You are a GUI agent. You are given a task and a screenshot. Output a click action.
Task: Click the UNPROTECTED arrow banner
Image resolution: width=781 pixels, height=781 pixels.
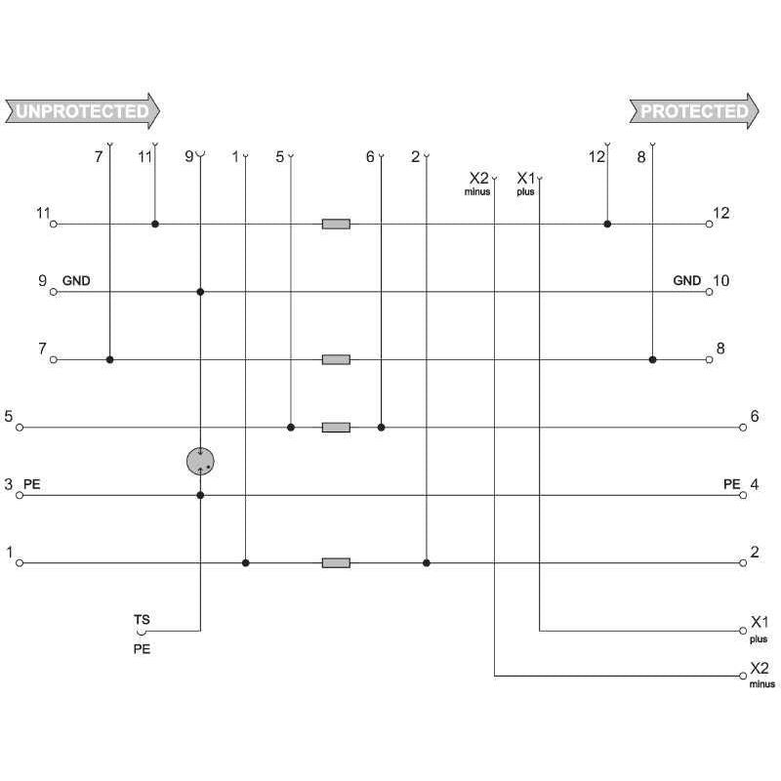(82, 111)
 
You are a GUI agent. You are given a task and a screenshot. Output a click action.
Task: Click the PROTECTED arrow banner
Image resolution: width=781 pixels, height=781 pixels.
(694, 111)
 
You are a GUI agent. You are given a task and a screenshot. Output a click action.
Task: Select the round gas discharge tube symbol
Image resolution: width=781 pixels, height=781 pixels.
(200, 461)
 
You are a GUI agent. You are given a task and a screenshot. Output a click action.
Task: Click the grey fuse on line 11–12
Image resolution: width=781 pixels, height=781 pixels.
(336, 225)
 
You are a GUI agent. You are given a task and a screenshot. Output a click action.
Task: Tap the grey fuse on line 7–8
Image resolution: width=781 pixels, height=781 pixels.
(336, 359)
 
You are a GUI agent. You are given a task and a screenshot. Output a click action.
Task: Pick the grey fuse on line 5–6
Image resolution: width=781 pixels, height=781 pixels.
(336, 428)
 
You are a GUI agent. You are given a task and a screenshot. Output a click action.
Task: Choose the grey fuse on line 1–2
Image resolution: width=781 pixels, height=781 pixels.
(336, 563)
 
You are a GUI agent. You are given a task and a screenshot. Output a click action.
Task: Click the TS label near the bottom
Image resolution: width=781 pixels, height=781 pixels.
(142, 620)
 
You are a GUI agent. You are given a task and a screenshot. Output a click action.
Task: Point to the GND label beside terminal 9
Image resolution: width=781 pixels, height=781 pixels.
(76, 281)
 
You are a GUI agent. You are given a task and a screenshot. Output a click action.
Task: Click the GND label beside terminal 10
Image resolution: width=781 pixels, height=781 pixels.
(687, 281)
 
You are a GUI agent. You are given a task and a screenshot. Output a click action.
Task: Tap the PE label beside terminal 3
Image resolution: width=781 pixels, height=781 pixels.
(32, 484)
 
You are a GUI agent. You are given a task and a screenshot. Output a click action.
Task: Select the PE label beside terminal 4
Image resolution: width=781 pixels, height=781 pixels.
(731, 484)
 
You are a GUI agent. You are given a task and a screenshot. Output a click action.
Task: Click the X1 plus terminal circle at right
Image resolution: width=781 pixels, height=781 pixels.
(743, 631)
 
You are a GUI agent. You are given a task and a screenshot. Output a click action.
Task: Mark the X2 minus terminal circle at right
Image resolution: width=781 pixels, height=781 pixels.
(743, 676)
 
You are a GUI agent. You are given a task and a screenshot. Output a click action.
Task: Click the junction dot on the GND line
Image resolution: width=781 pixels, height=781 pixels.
(200, 292)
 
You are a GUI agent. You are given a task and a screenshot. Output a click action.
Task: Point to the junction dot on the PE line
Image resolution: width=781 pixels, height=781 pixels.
(200, 495)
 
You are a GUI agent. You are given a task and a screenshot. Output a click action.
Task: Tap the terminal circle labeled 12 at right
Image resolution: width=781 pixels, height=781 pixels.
(710, 225)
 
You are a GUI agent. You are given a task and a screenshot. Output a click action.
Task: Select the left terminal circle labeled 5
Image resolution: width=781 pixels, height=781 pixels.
(20, 428)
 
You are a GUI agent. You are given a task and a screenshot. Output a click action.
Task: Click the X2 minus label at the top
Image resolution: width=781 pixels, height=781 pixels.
(478, 184)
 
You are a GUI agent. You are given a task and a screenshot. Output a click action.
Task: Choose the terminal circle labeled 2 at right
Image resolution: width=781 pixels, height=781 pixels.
(743, 563)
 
